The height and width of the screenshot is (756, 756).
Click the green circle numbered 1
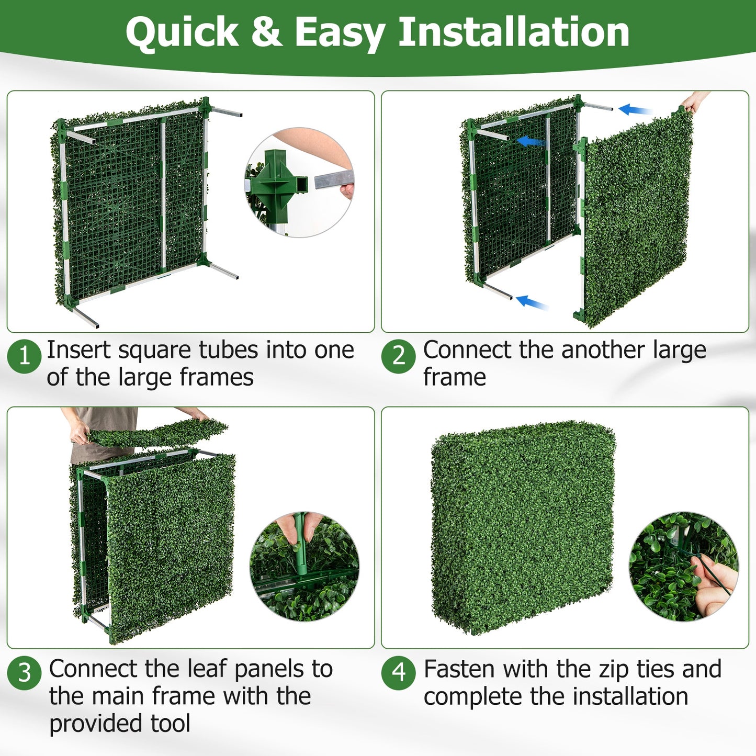(24, 356)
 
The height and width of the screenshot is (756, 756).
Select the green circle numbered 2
(399, 356)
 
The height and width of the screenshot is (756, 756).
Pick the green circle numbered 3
(24, 673)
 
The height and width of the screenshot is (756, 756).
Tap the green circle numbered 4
(399, 673)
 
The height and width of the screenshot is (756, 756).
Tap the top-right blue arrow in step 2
(634, 110)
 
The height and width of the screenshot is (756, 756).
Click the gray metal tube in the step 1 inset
(333, 180)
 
